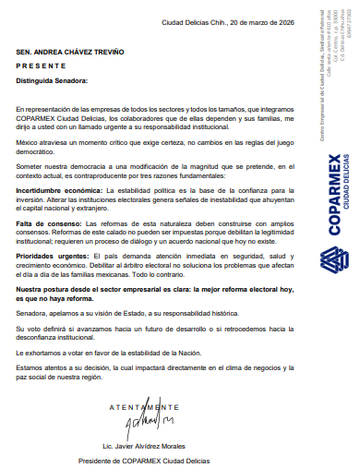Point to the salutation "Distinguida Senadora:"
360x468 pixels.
[52, 80]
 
